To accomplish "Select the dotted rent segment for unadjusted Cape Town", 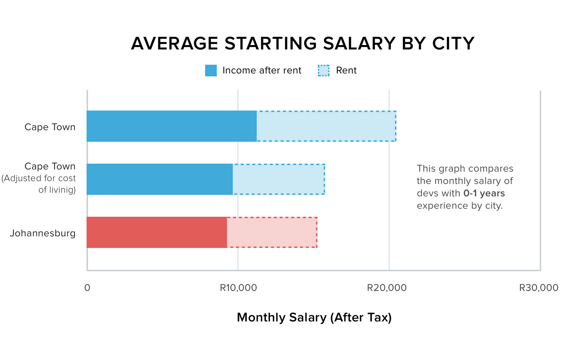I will pyautogui.click(x=326, y=126).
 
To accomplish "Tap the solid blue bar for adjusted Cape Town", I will pyautogui.click(x=160, y=179).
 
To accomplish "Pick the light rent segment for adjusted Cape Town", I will pyautogui.click(x=279, y=179).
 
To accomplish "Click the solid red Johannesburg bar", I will pyautogui.click(x=157, y=232).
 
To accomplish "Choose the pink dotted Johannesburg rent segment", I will pyautogui.click(x=272, y=232).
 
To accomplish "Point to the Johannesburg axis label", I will pyautogui.click(x=43, y=233).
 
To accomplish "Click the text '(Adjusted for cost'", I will pyautogui.click(x=39, y=178).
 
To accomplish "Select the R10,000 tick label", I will pyautogui.click(x=238, y=288).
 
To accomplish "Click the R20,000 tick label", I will pyautogui.click(x=387, y=288).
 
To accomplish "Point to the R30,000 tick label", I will pyautogui.click(x=539, y=288).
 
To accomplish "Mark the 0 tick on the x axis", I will pyautogui.click(x=87, y=288).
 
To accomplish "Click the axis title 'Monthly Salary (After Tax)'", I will pyautogui.click(x=314, y=317).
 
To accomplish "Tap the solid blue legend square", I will pyautogui.click(x=211, y=71).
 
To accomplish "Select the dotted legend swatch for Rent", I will pyautogui.click(x=324, y=71).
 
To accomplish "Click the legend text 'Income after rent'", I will pyautogui.click(x=262, y=71).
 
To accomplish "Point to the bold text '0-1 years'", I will pyautogui.click(x=484, y=193).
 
